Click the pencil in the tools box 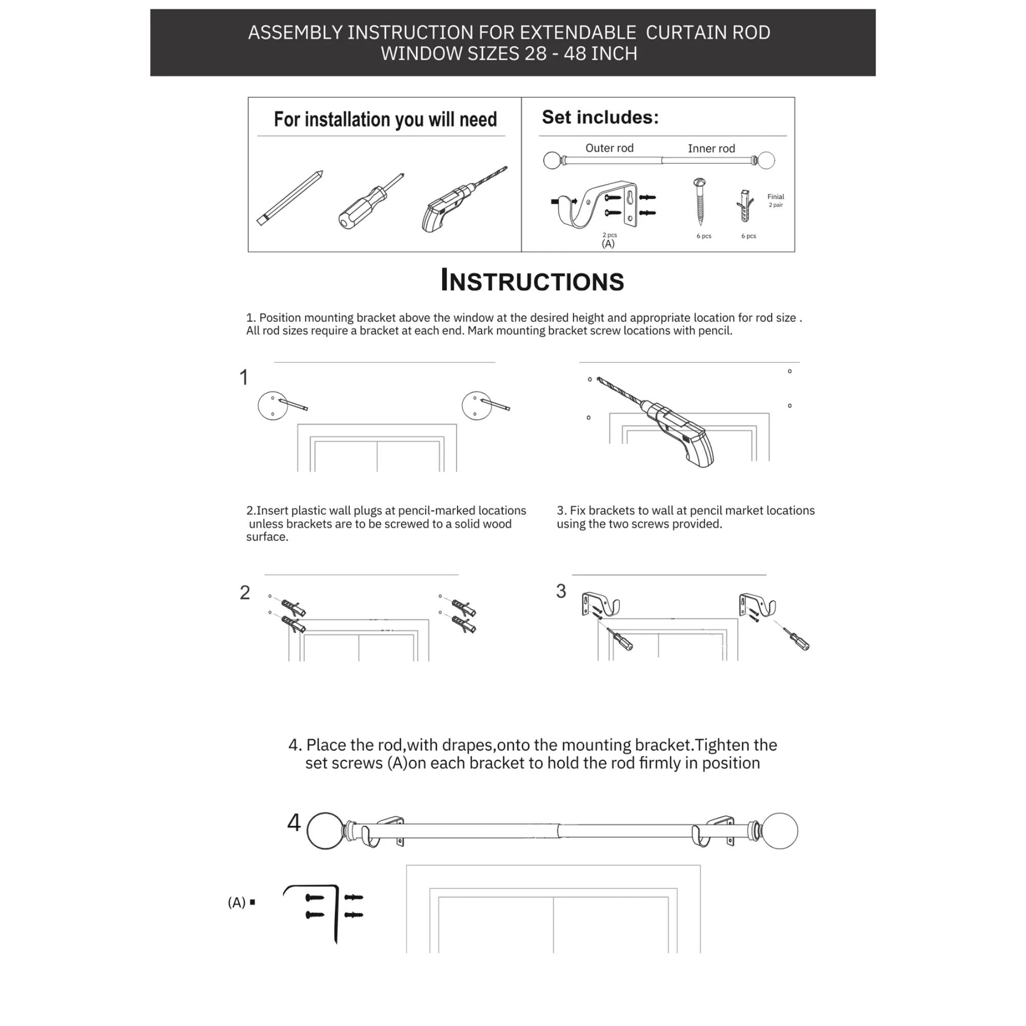(290, 198)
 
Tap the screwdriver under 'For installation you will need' (370, 201)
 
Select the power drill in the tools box (462, 200)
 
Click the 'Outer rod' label (609, 148)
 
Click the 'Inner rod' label (711, 149)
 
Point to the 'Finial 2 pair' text (775, 200)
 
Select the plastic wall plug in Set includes (745, 206)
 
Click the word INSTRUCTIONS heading (532, 281)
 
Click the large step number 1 (244, 378)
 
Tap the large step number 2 (244, 593)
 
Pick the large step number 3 (561, 591)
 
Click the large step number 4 (293, 823)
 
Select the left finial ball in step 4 (325, 831)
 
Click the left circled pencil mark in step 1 (272, 406)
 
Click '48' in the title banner (576, 54)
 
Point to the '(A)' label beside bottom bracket (236, 902)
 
